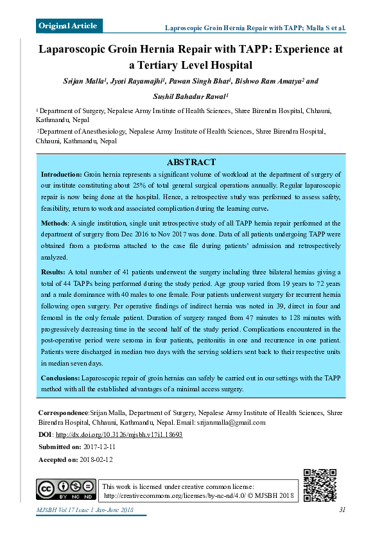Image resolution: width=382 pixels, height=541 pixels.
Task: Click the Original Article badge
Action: coord(69,26)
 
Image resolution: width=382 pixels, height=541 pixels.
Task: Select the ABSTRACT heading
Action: coord(191,163)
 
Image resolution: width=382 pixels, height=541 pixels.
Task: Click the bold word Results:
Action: coord(54,272)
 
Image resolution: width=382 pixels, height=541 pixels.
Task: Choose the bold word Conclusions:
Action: coord(61,378)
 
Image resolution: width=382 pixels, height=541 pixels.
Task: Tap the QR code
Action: coord(320,485)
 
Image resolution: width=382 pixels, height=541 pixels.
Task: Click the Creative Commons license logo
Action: coord(66,490)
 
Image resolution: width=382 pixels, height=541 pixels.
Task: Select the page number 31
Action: coord(342,510)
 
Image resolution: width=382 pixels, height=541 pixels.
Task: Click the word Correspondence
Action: coord(63,412)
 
